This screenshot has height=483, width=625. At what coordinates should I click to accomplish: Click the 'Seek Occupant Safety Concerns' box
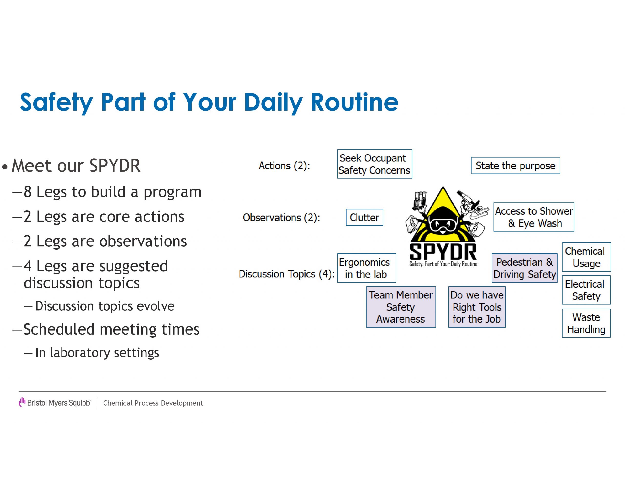tap(375, 164)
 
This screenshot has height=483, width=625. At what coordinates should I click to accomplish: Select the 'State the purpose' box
tap(515, 166)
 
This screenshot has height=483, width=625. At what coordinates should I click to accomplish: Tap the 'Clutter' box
tap(364, 217)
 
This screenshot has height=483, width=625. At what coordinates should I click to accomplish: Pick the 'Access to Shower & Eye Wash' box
tap(534, 217)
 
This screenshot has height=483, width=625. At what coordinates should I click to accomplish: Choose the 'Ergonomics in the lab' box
tap(367, 268)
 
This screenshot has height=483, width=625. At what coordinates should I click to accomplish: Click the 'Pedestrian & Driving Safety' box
tap(525, 268)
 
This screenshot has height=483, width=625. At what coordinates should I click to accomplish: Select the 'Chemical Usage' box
tap(586, 257)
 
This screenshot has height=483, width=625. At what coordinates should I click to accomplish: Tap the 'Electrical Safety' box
tap(586, 290)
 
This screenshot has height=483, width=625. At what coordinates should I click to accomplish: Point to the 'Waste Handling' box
tap(586, 323)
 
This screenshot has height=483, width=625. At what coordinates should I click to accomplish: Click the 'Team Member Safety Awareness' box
tap(401, 307)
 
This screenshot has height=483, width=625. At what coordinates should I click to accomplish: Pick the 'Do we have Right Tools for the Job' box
tap(477, 307)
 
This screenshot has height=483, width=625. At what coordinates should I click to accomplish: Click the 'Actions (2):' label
tap(284, 166)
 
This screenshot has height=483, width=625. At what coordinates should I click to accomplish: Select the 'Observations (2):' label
tap(281, 218)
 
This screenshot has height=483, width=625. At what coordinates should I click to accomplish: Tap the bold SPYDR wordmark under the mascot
tap(443, 252)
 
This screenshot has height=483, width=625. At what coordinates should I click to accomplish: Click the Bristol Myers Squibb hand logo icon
tap(22, 402)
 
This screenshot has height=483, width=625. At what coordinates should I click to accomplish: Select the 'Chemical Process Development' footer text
tap(153, 403)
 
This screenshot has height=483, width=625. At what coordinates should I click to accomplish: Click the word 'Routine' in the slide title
tap(354, 102)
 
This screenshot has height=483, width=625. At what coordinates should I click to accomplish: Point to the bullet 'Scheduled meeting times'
tap(111, 329)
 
